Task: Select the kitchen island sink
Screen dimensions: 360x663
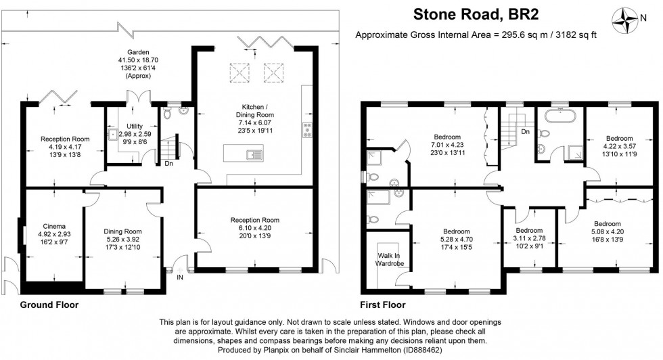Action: [x=254, y=155]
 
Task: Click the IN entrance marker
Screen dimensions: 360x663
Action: [x=180, y=277]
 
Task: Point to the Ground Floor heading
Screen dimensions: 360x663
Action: [x=49, y=305]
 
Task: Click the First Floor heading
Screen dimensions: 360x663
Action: [x=384, y=305]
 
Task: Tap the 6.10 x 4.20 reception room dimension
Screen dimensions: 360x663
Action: [x=254, y=229]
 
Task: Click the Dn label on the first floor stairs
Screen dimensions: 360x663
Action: [x=525, y=131]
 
